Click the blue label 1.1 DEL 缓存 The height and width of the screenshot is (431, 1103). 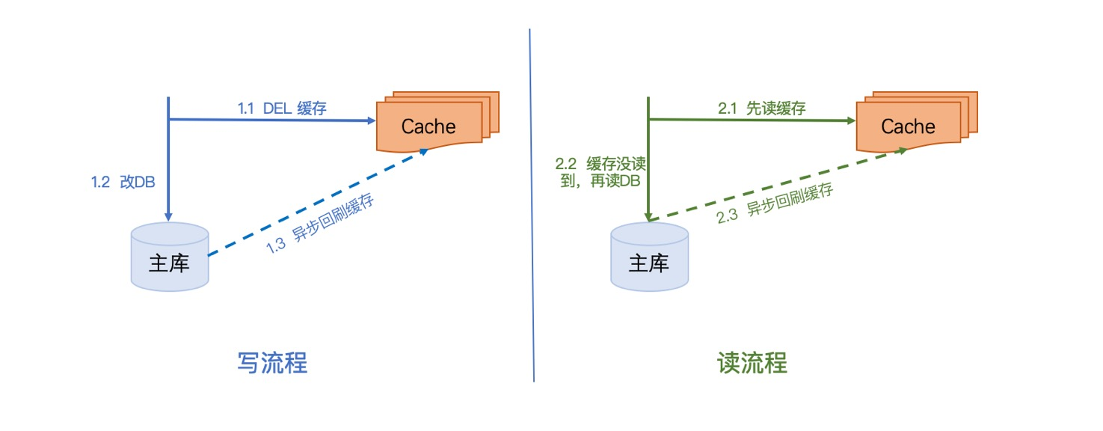point(282,108)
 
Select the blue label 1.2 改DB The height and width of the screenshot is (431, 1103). point(123,182)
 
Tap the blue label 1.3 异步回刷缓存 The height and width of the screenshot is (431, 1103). point(321,222)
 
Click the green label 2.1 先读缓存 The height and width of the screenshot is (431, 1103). point(762,108)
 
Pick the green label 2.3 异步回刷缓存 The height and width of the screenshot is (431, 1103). point(775,204)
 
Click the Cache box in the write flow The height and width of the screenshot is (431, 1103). point(428,126)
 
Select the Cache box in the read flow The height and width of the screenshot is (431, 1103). point(908,126)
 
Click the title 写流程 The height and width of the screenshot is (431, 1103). point(272,364)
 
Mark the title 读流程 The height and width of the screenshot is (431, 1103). point(752,364)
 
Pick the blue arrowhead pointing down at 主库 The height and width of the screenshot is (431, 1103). point(169,215)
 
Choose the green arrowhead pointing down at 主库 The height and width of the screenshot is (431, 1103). point(649,215)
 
